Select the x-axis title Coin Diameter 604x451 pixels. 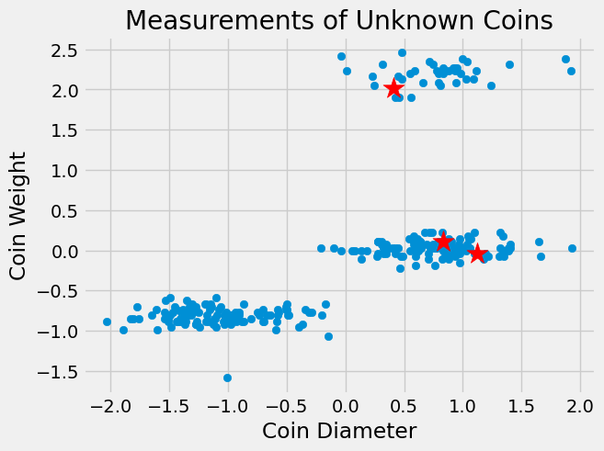(x=339, y=430)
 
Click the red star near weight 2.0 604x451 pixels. (x=394, y=88)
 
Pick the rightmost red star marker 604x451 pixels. (x=477, y=254)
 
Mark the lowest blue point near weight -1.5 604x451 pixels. (x=227, y=378)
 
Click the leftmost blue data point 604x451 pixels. (x=107, y=321)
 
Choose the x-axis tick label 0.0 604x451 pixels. (x=346, y=404)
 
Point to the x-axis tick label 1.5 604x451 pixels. (x=522, y=404)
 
